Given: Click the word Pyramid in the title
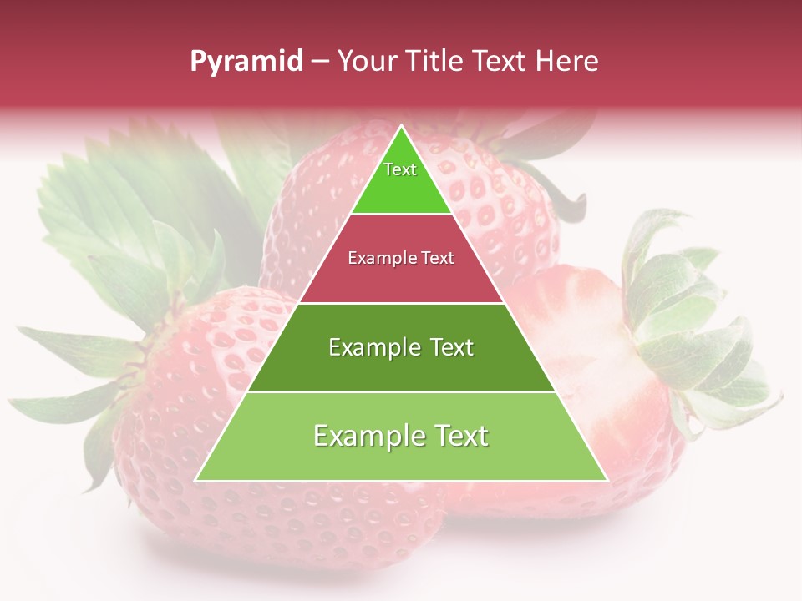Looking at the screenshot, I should click(246, 61).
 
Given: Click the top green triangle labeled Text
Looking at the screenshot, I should click(400, 179).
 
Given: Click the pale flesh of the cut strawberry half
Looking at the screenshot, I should click(585, 351).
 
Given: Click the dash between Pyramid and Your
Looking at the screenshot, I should click(320, 62).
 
